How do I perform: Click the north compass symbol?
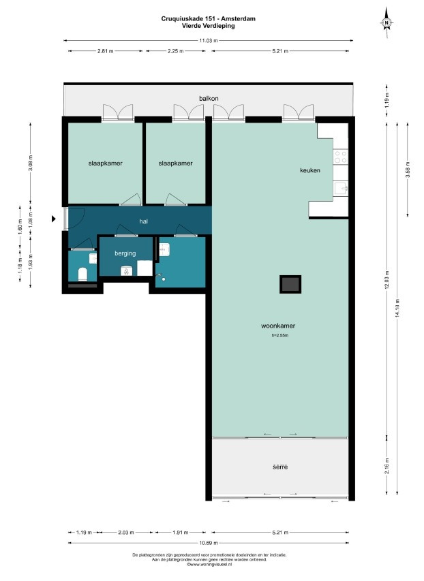pos(387,22)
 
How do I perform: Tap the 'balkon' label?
pos(209,98)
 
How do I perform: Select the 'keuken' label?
pos(310,170)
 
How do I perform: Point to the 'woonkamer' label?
pos(278,326)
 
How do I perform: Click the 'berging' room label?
pos(125,253)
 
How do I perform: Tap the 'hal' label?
pos(144,221)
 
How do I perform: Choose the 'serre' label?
pos(280,467)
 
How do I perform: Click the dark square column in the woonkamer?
pos(290,284)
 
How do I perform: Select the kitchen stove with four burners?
pos(341,157)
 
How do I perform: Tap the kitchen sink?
pos(341,188)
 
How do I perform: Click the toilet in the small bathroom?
pos(82,274)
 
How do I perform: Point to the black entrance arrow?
pos(53,219)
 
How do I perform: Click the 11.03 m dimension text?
pos(209,40)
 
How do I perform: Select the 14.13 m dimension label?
pos(397,309)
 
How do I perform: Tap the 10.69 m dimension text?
pos(209,543)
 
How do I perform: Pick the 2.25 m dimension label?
pos(175,51)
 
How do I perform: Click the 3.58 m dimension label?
pos(408,170)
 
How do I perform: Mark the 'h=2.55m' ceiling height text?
pos(280,336)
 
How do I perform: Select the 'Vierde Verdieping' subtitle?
pos(209,26)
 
